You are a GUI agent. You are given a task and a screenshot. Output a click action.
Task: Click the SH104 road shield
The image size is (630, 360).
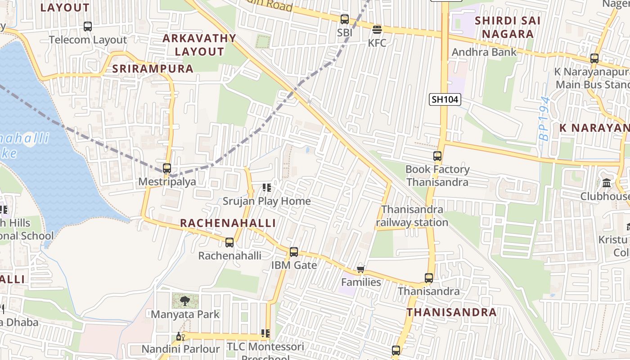[445, 99]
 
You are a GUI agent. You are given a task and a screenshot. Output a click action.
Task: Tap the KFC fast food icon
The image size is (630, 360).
[377, 30]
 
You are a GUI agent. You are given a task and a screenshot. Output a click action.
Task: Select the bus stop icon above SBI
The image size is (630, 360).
[344, 19]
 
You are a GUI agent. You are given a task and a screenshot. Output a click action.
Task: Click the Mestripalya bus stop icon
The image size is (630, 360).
[167, 168]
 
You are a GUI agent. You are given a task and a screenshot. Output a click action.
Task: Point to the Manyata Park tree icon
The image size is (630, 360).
[184, 301]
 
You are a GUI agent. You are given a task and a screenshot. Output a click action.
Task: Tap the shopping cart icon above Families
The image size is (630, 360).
[360, 270]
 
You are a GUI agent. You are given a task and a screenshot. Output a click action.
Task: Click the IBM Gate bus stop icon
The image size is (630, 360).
[294, 252]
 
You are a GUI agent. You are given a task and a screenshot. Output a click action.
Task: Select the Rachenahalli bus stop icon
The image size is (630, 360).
[229, 243]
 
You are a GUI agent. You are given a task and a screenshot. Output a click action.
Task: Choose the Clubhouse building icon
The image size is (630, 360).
[607, 183]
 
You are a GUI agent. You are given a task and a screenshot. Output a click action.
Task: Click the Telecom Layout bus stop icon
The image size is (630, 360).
[88, 27]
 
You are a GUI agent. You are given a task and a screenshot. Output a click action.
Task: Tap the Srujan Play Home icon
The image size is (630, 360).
[266, 187]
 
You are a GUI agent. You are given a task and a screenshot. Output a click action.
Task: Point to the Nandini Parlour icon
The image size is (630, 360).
[180, 336]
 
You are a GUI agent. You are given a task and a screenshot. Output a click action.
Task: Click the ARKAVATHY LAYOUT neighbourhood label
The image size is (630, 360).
[199, 45]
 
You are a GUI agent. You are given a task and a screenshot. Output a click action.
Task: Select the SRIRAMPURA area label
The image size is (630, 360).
[153, 69]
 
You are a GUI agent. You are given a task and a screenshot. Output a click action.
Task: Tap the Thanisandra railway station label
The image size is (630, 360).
[412, 216]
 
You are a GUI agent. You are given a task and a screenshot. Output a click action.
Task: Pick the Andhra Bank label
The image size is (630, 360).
[484, 52]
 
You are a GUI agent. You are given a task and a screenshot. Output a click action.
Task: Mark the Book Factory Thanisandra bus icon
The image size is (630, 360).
[437, 156]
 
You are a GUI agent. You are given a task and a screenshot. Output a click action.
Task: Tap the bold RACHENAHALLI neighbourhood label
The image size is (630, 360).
[228, 223]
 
